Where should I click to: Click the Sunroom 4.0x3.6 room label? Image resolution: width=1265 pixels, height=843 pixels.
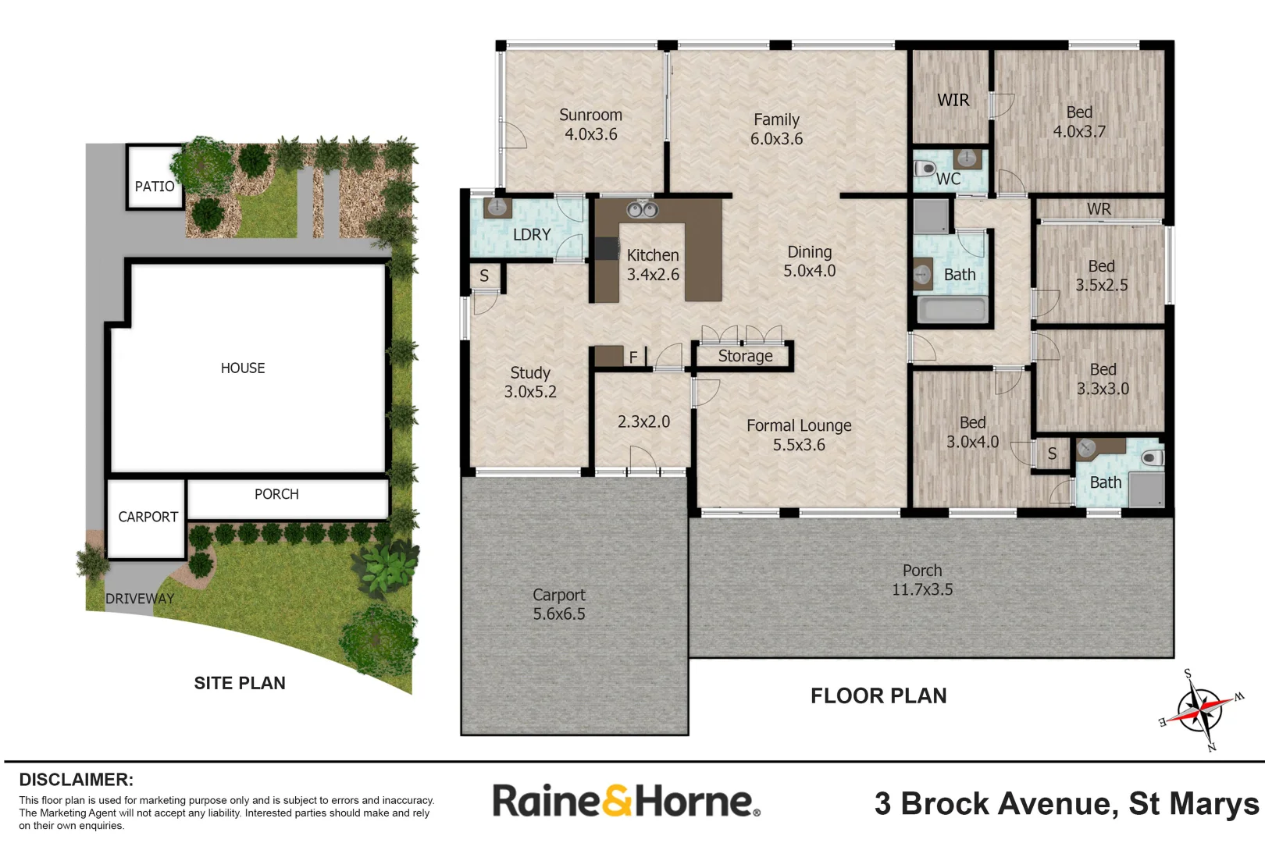tap(590, 125)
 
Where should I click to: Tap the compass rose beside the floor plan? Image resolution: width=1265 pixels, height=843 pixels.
tap(1200, 710)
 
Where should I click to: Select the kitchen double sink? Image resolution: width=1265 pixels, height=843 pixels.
tap(643, 209)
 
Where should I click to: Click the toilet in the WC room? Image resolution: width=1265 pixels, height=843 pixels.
tap(925, 168)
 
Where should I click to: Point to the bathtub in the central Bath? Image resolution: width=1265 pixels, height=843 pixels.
tap(952, 310)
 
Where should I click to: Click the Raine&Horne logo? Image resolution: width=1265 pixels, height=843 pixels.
tap(625, 801)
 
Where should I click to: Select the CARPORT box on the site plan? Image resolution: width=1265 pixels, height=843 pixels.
tap(147, 518)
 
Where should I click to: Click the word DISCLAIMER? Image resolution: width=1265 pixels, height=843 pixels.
tap(76, 780)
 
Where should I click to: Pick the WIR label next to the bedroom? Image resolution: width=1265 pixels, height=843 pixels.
tap(953, 101)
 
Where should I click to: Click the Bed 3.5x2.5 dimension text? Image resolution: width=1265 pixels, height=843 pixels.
tap(1101, 286)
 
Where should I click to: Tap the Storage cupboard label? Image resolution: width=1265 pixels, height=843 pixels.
tap(745, 357)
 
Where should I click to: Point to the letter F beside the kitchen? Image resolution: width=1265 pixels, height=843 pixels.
tap(633, 357)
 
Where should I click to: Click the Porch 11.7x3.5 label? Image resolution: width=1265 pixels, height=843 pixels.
tap(922, 581)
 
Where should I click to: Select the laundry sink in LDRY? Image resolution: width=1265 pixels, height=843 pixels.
tap(497, 208)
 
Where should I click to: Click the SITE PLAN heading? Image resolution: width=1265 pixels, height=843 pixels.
tap(240, 684)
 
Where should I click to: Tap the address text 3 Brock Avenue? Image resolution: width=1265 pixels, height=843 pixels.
tap(1067, 804)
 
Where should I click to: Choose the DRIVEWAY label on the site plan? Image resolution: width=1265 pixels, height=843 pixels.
tap(140, 599)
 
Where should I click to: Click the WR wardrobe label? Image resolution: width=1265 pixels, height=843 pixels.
tap(1099, 209)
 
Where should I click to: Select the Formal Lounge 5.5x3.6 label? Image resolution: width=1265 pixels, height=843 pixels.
tap(799, 436)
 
